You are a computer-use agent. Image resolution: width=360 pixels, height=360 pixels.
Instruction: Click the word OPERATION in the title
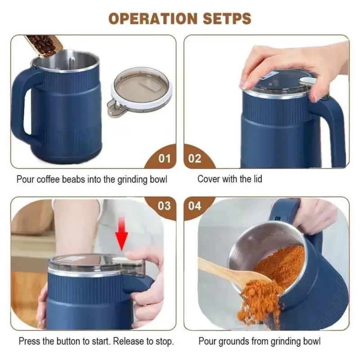click(153, 18)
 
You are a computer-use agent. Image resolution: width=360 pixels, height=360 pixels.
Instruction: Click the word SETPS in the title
click(227, 18)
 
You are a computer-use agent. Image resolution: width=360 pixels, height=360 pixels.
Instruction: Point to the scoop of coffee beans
click(44, 45)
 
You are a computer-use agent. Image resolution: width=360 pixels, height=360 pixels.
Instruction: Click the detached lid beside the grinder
click(140, 90)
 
